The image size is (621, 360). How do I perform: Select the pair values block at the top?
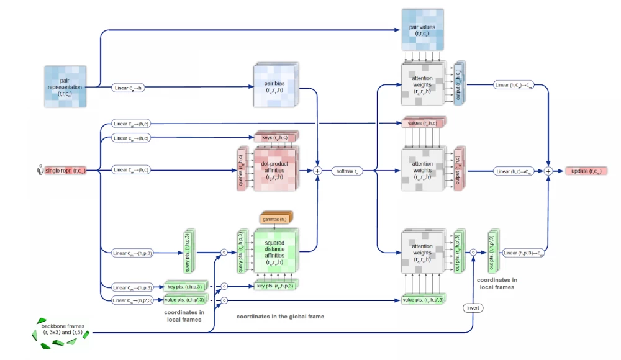tap(422, 29)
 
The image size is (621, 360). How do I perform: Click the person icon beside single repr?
tap(40, 169)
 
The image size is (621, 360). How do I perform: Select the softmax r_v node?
tap(347, 170)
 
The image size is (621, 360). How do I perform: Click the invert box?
tap(473, 308)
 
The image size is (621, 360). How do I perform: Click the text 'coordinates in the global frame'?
tap(280, 317)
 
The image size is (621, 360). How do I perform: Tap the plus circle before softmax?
tap(318, 170)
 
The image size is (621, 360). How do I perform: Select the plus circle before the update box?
tap(548, 171)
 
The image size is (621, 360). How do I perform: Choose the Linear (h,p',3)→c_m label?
tap(523, 253)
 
